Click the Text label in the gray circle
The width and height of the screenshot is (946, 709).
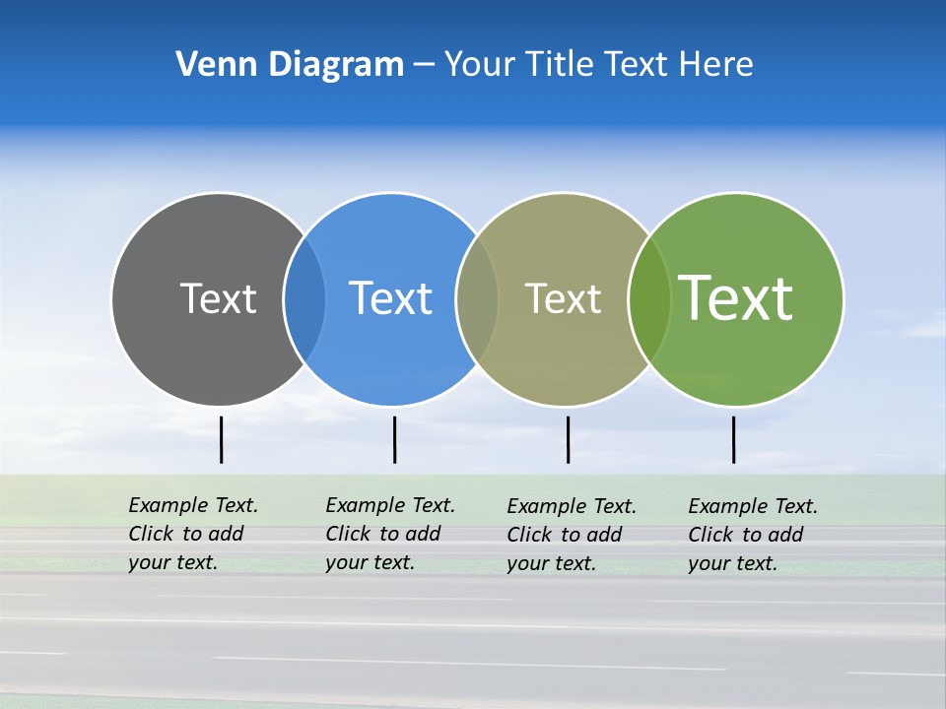pos(218,298)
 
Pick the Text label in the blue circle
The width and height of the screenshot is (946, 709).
pos(390,298)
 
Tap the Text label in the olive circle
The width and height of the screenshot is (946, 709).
pos(563,298)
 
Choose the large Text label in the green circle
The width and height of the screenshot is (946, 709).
pos(735,298)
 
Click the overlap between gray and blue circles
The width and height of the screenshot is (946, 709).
pos(304,298)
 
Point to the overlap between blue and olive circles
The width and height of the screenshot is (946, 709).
pos(477,298)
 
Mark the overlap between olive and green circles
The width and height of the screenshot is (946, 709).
pos(649,298)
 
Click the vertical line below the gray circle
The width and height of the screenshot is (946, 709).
pos(221,439)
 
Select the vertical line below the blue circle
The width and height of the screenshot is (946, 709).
pos(394,439)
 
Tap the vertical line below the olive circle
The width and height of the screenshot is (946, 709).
pos(568,439)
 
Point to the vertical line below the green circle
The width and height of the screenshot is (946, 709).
pos(733,439)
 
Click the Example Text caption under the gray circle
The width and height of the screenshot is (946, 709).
pos(192,534)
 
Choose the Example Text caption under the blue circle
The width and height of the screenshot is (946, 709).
pos(389,534)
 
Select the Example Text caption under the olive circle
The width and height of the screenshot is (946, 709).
pos(571,535)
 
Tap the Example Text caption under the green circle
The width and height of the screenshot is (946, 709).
pos(752,535)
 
